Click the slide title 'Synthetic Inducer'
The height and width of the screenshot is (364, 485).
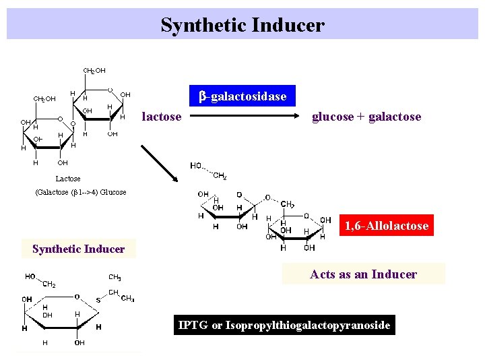pyautogui.click(x=243, y=26)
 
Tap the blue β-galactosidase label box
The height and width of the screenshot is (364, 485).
pyautogui.click(x=243, y=96)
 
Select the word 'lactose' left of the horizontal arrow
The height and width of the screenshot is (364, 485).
pyautogui.click(x=162, y=117)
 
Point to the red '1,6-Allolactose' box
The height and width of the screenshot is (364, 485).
pyautogui.click(x=386, y=226)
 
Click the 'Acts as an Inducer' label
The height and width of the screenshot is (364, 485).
pyautogui.click(x=363, y=274)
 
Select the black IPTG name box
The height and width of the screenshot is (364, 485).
pyautogui.click(x=284, y=326)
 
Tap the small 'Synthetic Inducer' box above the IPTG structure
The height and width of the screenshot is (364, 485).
pyautogui.click(x=78, y=249)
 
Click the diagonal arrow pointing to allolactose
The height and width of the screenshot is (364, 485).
pyautogui.click(x=159, y=163)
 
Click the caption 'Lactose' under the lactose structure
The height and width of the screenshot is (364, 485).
pyautogui.click(x=67, y=179)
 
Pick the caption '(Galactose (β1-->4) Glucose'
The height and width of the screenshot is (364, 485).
pyautogui.click(x=80, y=192)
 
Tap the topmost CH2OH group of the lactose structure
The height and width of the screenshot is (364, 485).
pyautogui.click(x=94, y=70)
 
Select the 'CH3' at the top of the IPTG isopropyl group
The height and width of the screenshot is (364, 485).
pyautogui.click(x=115, y=277)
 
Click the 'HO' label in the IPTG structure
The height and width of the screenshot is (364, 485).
pyautogui.click(x=31, y=277)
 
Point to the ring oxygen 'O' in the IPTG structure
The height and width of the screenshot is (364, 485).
pyautogui.click(x=77, y=296)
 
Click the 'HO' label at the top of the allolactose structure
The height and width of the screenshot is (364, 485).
pyautogui.click(x=197, y=166)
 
